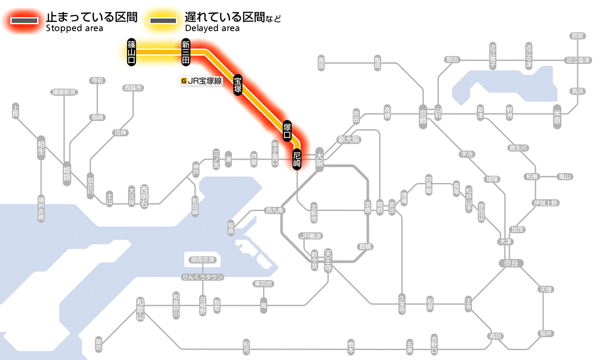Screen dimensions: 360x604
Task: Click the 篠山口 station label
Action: coord(132,52)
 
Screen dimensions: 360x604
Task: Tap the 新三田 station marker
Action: coord(186,52)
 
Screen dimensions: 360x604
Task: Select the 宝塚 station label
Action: coord(238,85)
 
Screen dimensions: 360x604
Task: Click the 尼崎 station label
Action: coord(297,159)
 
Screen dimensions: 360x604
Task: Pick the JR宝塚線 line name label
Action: coord(205,80)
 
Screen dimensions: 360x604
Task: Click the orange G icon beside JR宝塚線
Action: coord(185,80)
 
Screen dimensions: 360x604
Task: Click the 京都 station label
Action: coord(423,115)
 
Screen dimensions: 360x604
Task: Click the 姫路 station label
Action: coord(67,174)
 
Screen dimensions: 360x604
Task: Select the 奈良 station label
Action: coord(510,263)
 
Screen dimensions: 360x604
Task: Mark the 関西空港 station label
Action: coord(205,260)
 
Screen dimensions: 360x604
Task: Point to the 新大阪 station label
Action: coord(349,139)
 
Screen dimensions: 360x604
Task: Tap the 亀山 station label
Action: coord(565,177)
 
